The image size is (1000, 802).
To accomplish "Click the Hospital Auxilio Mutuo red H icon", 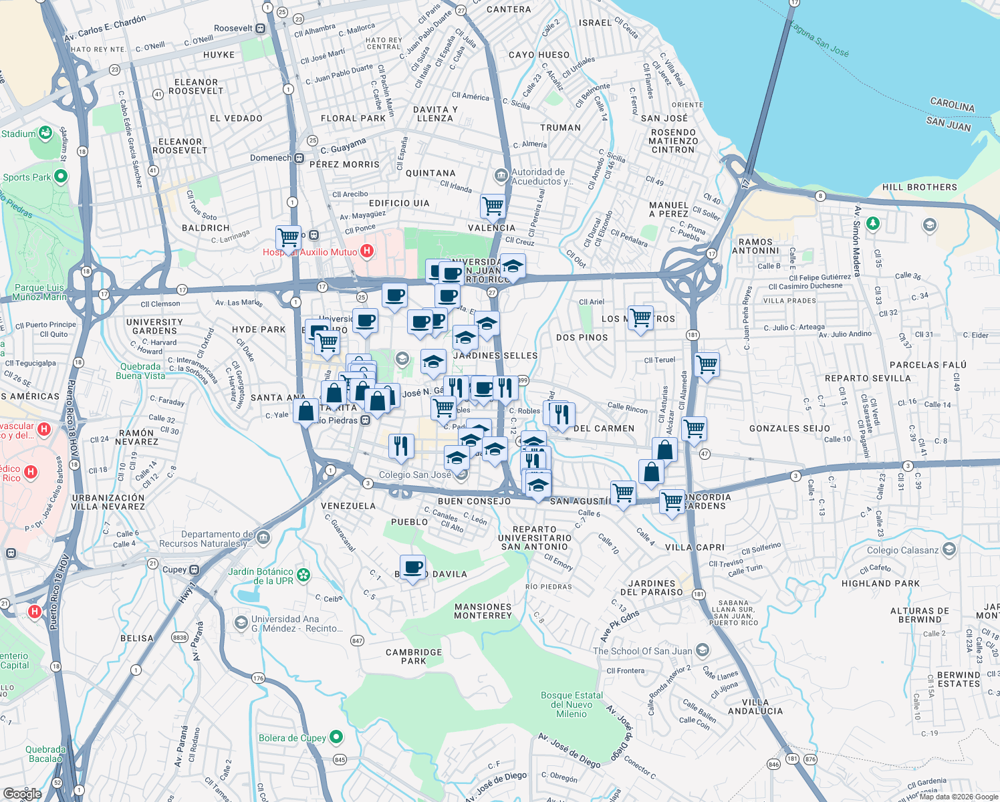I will click(x=366, y=251).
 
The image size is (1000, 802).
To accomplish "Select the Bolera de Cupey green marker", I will click(x=336, y=737).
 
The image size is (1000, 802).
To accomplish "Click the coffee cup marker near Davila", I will click(x=413, y=568).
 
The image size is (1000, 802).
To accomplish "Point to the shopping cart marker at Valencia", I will click(x=493, y=207).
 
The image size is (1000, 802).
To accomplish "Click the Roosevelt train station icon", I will click(x=260, y=29).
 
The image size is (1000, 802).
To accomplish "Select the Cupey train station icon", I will click(x=194, y=570).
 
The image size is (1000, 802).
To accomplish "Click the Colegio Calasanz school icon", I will click(x=949, y=550).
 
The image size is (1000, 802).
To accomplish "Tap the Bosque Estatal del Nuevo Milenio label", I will click(x=572, y=704).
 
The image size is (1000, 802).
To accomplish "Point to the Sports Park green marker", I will click(x=61, y=176).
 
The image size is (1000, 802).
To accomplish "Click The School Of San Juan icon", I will click(x=702, y=650).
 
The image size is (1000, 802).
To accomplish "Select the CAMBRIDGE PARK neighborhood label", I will click(x=414, y=656).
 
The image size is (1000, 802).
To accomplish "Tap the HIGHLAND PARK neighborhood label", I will click(x=880, y=583).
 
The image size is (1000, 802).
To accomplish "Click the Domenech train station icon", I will click(x=299, y=158).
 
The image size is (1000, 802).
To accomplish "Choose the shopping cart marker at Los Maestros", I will click(x=640, y=318).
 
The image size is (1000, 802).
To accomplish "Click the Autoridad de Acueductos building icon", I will click(x=501, y=176).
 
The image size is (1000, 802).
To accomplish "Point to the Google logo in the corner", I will click(x=22, y=793).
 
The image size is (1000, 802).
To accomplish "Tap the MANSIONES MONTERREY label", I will click(x=483, y=611).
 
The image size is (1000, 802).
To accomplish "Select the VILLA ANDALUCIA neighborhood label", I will click(x=755, y=706).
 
